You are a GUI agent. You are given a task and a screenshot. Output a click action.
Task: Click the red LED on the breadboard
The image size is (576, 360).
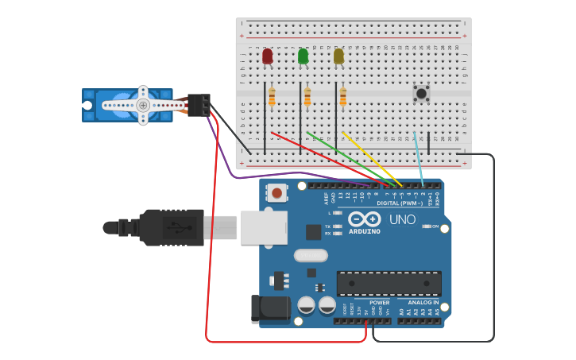click(267, 56)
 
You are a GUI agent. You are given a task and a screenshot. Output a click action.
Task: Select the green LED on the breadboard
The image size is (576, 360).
click(303, 56)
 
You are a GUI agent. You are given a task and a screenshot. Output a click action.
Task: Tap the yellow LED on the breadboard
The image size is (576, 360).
click(338, 56)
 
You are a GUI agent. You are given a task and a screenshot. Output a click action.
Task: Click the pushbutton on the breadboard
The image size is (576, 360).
click(421, 93)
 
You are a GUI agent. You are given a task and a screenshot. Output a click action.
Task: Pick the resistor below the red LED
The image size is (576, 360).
click(272, 97)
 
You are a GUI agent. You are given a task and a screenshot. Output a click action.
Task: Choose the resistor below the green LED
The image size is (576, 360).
click(307, 97)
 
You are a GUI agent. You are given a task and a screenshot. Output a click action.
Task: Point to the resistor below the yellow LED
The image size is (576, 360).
click(342, 97)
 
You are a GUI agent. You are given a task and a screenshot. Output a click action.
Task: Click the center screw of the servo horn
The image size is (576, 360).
click(143, 105)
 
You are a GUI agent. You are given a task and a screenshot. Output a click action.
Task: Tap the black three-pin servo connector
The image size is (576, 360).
click(199, 105)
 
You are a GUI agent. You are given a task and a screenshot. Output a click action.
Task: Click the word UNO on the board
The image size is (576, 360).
click(402, 219)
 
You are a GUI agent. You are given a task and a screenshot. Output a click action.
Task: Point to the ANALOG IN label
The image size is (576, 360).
click(423, 302)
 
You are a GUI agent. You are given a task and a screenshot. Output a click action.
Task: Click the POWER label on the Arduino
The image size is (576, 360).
click(379, 302)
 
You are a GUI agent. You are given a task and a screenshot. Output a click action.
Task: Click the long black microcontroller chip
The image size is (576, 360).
click(389, 283)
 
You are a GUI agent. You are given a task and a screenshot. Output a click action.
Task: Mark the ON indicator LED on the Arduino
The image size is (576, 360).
click(427, 226)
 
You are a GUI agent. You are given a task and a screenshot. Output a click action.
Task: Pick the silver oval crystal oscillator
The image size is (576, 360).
click(311, 255)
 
